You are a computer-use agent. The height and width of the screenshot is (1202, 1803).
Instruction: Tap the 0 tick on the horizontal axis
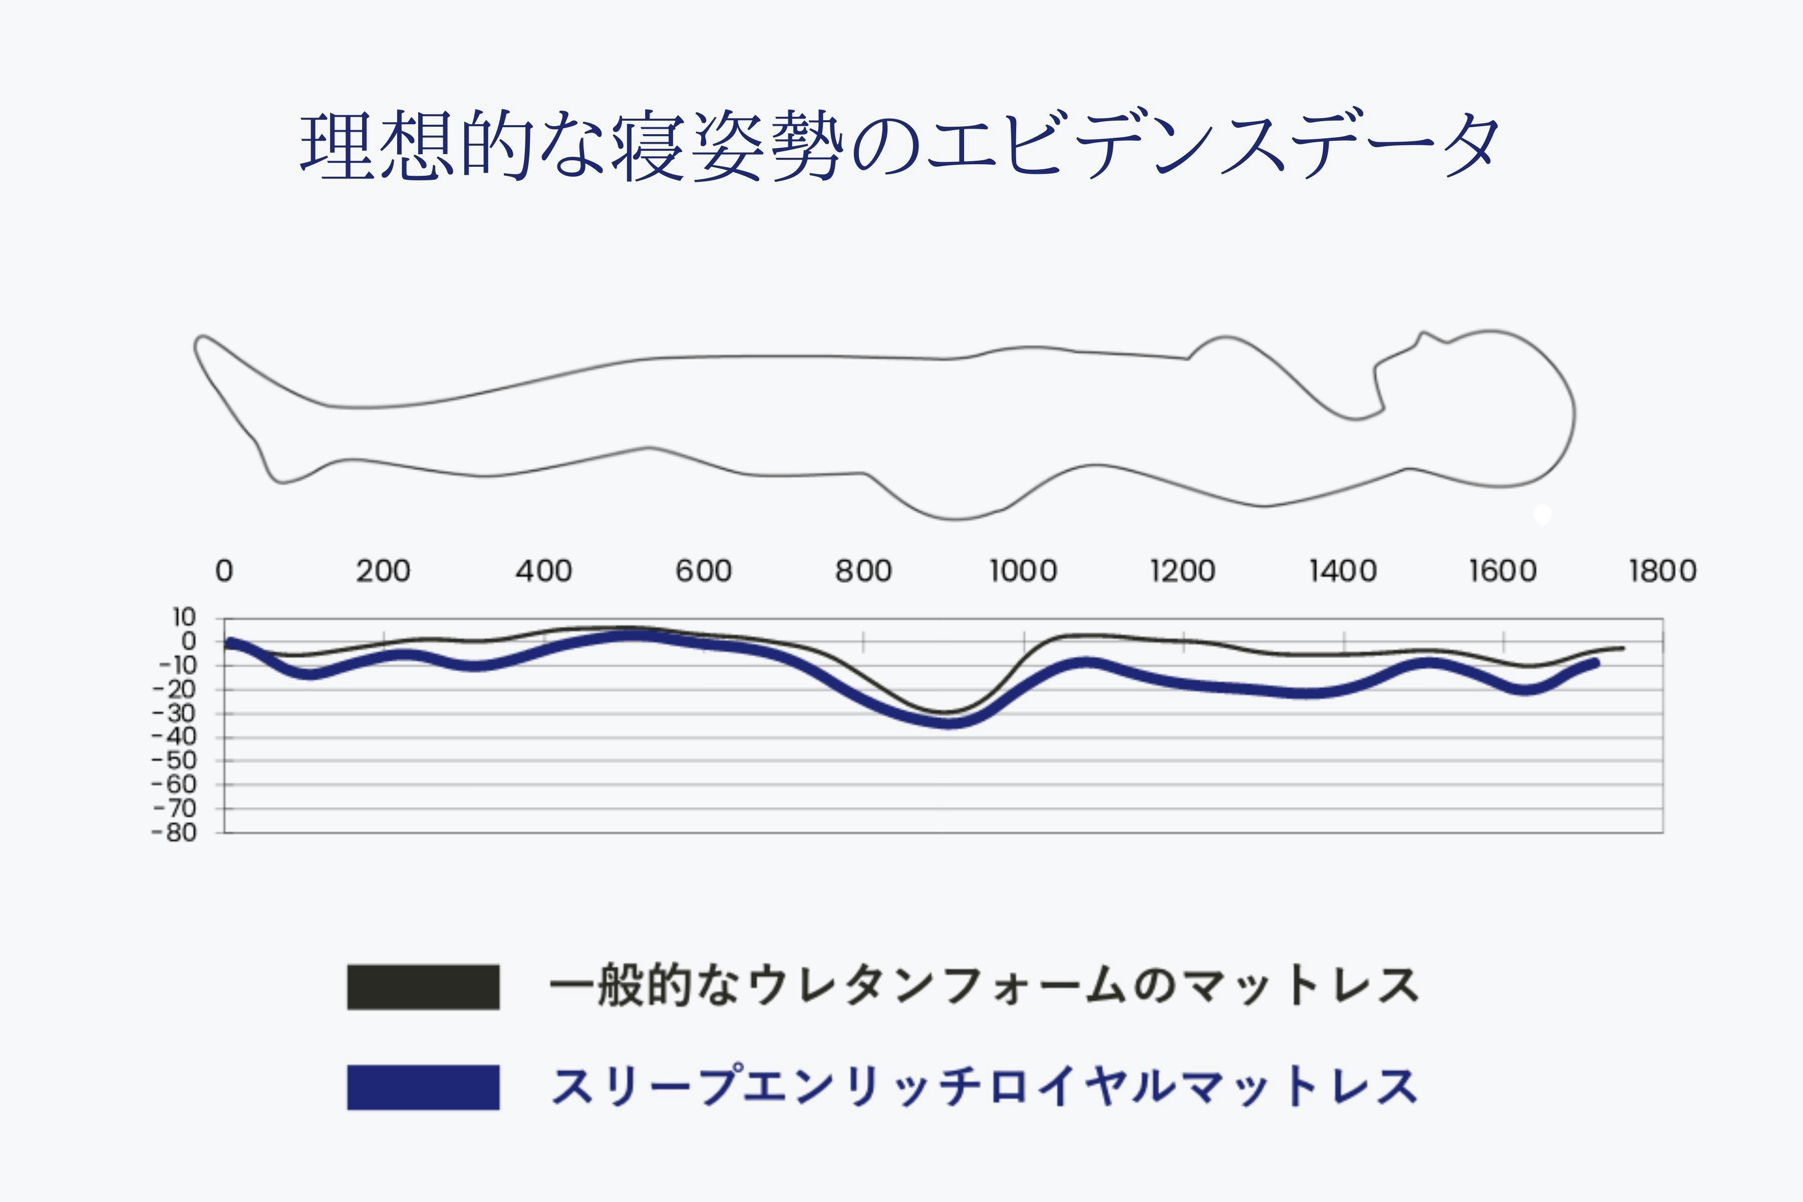click(224, 571)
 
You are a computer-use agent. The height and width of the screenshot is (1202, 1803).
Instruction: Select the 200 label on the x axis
click(383, 571)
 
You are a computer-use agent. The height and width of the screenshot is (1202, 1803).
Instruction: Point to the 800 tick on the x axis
click(863, 571)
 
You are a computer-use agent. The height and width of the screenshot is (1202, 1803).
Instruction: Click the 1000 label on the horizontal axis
click(1023, 571)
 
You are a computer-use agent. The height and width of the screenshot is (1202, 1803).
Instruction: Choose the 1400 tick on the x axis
click(1342, 571)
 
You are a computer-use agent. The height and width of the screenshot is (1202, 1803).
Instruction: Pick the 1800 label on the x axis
click(1662, 571)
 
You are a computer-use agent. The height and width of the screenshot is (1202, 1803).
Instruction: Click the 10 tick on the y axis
click(184, 617)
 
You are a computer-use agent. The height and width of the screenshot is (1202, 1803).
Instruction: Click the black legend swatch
click(423, 987)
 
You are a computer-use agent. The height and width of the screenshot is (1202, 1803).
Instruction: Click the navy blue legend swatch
click(423, 1087)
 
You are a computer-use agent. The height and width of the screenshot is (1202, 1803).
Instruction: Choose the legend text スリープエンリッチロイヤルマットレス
click(984, 1087)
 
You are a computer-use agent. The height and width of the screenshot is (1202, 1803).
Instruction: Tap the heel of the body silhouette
click(280, 481)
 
